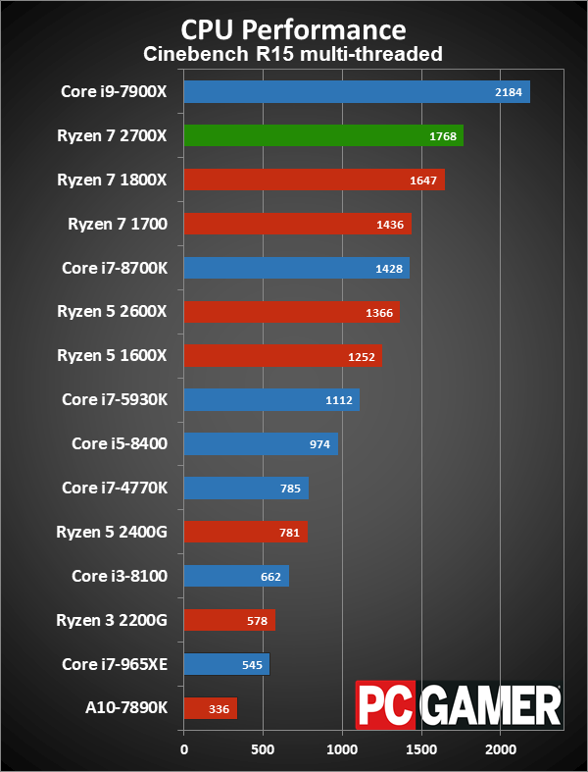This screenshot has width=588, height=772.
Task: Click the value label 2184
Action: (x=513, y=93)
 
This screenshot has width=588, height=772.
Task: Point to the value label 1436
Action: (x=390, y=225)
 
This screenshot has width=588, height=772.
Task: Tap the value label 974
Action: (x=319, y=444)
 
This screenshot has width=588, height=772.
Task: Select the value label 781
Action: (x=288, y=533)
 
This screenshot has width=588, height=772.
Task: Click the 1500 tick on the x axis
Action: (x=421, y=750)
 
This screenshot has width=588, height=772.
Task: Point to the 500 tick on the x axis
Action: (x=263, y=750)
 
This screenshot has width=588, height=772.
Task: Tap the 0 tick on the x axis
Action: (x=183, y=750)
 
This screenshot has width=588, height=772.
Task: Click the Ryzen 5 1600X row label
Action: (x=114, y=355)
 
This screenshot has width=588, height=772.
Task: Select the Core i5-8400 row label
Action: (x=120, y=443)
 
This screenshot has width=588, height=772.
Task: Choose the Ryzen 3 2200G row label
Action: (x=113, y=620)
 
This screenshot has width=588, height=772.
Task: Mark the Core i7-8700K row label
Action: (x=115, y=268)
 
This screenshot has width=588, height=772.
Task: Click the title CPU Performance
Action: (x=294, y=26)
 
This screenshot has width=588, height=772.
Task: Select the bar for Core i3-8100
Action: (x=235, y=576)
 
